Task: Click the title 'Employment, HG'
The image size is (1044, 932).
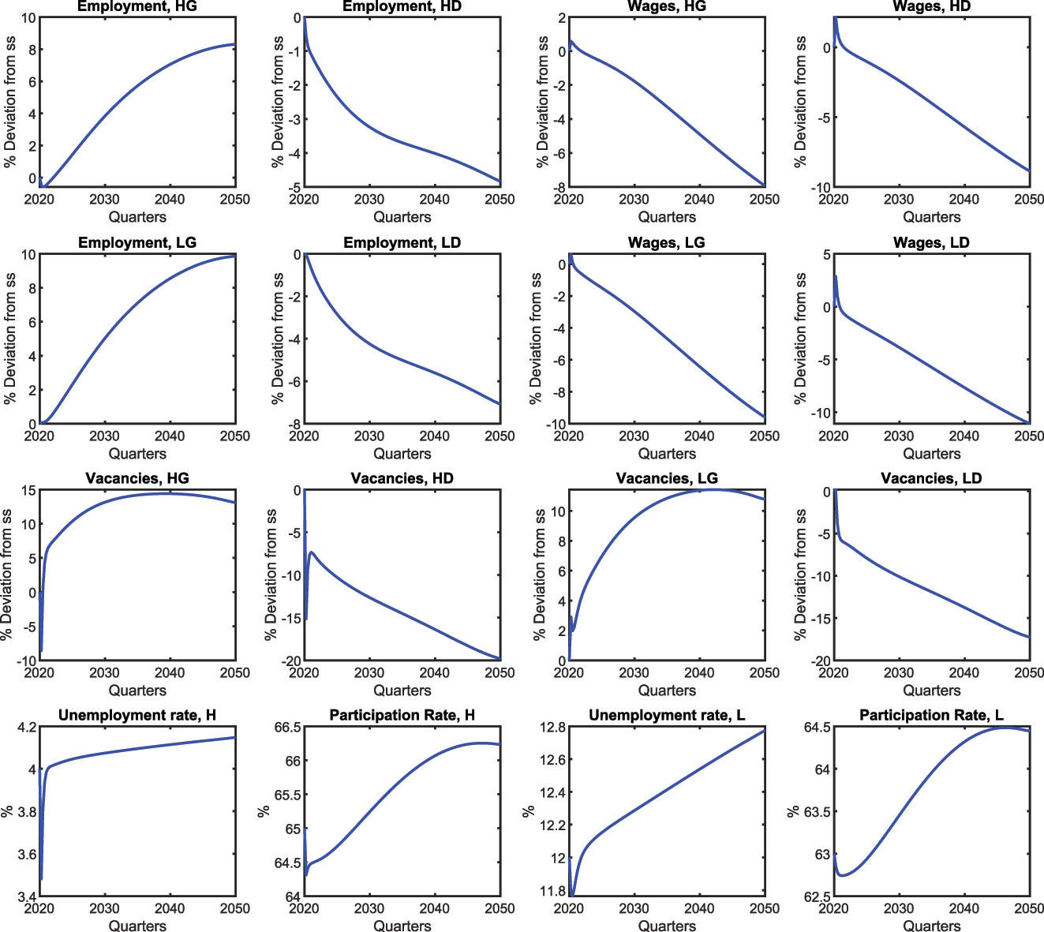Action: tap(137, 6)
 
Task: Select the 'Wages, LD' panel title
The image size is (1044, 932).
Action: tap(931, 242)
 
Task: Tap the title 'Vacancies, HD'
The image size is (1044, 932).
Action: tap(402, 478)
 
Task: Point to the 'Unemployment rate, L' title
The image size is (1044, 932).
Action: tap(667, 715)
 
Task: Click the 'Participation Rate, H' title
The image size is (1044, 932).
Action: tap(402, 715)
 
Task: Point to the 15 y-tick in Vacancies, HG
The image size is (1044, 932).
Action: tap(28, 491)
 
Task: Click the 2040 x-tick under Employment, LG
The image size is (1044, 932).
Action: tap(170, 436)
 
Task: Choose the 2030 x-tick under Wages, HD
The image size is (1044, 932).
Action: tap(898, 200)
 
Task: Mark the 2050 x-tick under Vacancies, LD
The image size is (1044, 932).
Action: tap(1028, 673)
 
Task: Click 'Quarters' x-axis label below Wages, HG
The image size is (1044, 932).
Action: tap(667, 217)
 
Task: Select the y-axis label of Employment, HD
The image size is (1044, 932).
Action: tap(277, 101)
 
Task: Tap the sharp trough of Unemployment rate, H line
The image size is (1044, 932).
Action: tap(41, 878)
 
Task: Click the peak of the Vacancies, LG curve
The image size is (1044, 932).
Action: tap(712, 489)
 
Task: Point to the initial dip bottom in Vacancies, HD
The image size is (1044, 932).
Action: tap(305, 620)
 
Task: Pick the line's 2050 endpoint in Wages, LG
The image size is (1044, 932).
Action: tap(764, 417)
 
